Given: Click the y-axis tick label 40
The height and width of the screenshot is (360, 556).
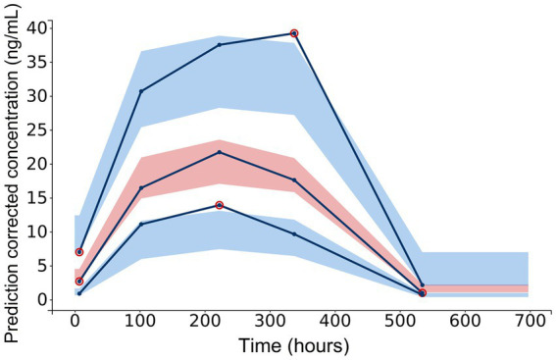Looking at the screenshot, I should [x=36, y=27].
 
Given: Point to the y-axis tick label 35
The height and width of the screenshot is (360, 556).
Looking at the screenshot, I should [x=36, y=62].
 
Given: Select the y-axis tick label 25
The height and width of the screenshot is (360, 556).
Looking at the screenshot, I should [x=36, y=129].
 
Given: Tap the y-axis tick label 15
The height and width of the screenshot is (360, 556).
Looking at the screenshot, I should [x=36, y=197].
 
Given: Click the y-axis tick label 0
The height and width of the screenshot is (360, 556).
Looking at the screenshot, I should [x=42, y=299].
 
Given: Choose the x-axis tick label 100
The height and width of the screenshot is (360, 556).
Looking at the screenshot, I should [x=140, y=320].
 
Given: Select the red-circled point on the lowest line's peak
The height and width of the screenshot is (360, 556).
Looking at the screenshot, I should [x=219, y=205].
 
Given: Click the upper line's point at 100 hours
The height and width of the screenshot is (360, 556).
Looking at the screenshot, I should [x=141, y=91].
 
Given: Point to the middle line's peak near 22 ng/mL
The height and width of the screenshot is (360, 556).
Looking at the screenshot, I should [x=219, y=152].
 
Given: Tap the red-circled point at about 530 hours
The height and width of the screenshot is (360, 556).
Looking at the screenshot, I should [x=422, y=292].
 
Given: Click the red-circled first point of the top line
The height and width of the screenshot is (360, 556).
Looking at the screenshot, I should [x=79, y=252].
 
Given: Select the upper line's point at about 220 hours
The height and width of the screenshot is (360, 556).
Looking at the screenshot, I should [x=219, y=45].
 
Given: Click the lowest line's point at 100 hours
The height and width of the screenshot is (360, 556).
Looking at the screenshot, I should [x=141, y=225].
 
